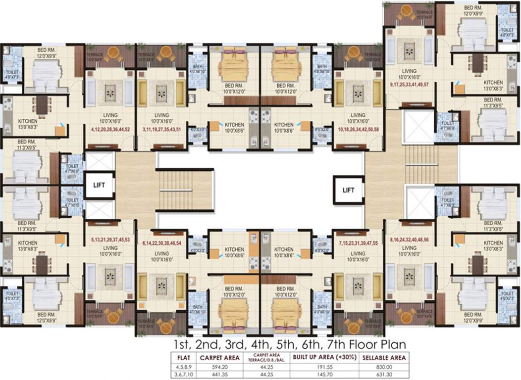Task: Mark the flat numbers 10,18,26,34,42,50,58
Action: (x=358, y=129)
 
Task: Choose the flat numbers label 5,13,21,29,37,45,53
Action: (x=110, y=239)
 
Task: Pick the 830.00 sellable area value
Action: (x=384, y=367)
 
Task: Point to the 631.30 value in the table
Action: (x=384, y=375)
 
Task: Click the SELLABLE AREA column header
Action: (x=384, y=358)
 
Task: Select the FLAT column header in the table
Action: (x=177, y=358)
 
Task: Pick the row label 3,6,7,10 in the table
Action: (x=177, y=375)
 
